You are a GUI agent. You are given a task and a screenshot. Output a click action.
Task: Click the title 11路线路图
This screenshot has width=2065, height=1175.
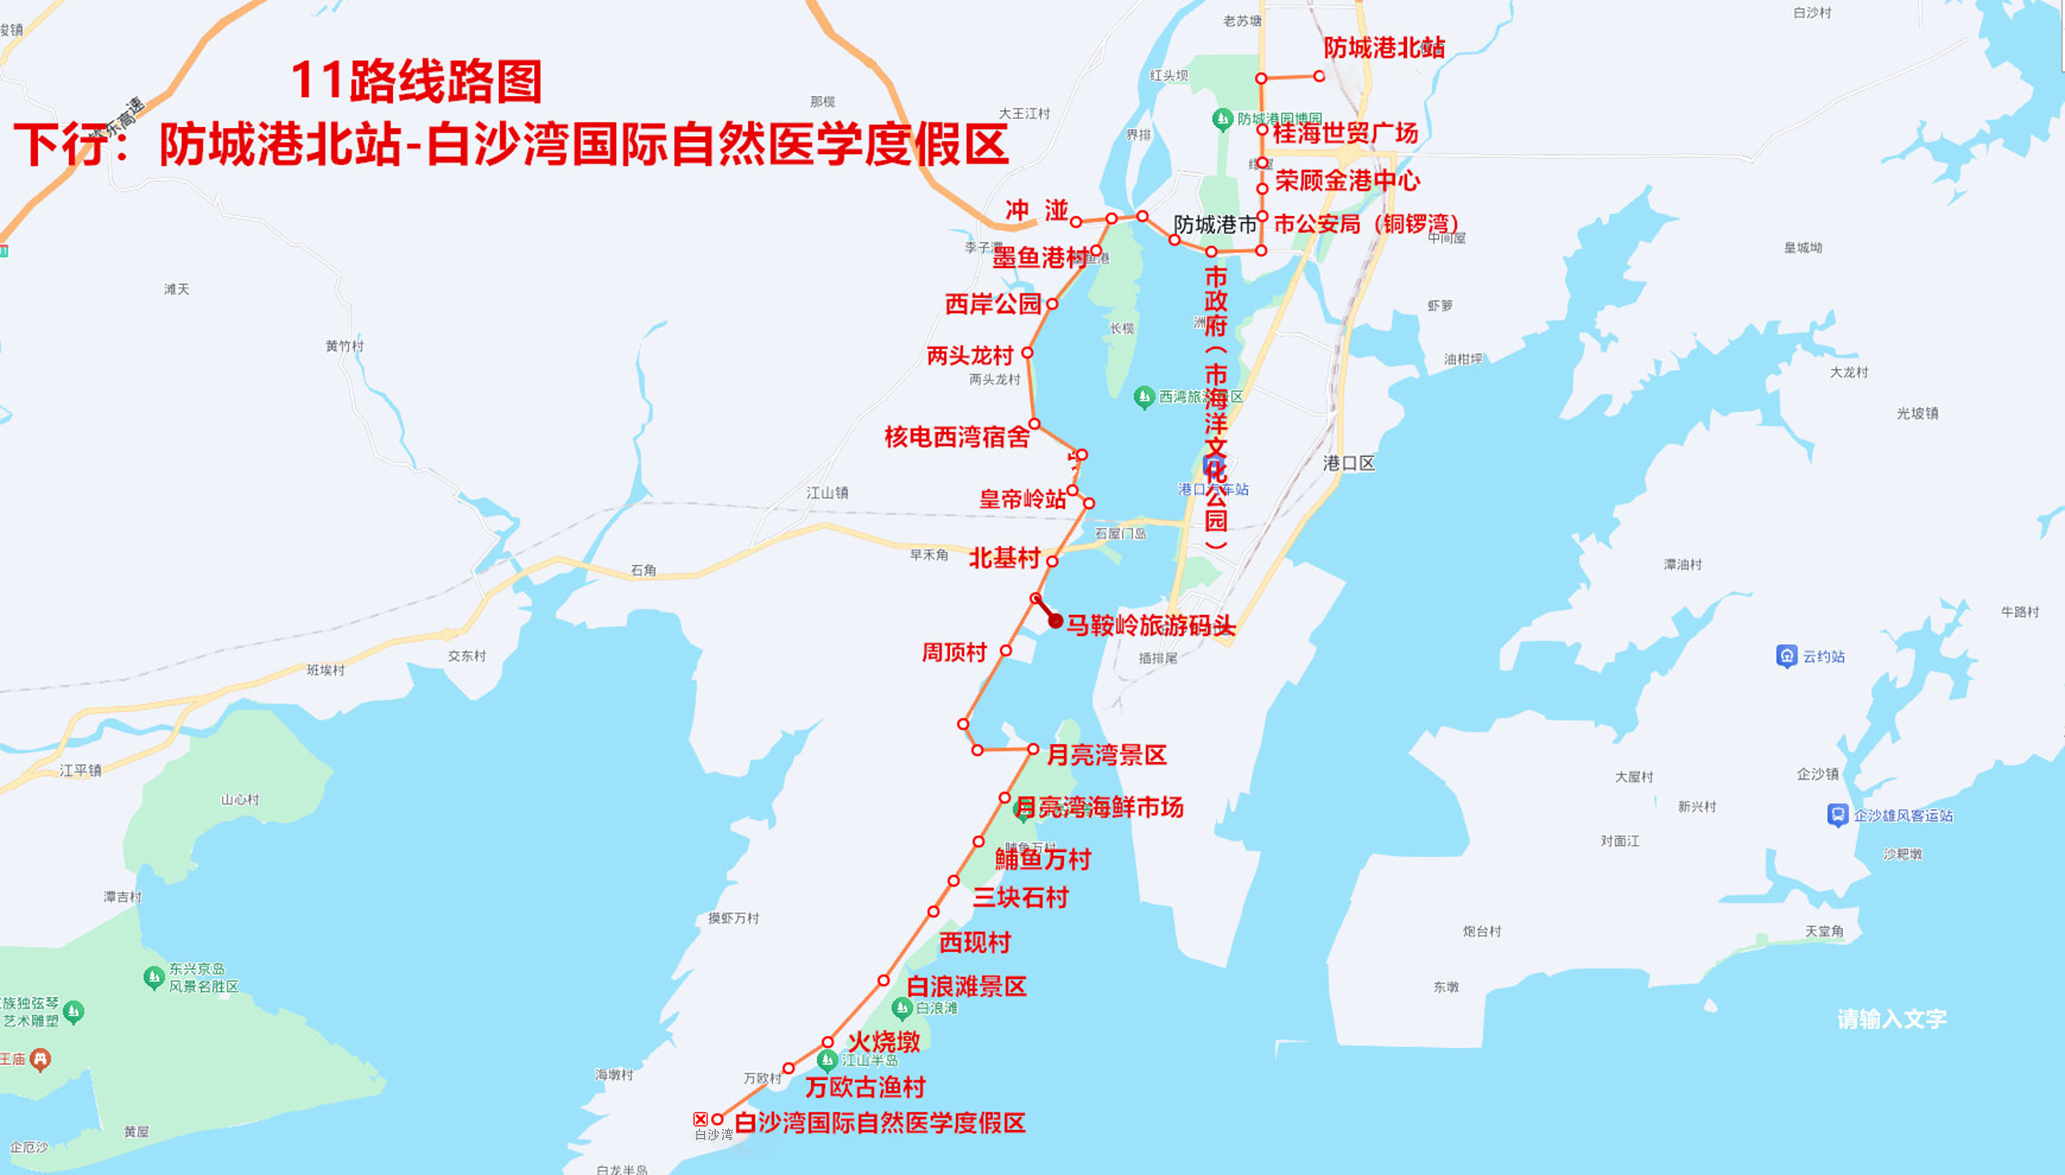point(416,81)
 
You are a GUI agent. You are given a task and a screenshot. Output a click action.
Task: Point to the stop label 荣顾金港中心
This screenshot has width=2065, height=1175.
point(1347,181)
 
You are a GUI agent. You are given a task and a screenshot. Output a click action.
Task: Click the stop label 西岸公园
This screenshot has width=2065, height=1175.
point(993,304)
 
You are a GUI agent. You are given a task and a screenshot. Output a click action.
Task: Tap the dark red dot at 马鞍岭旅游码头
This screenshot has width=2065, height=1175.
point(1055,621)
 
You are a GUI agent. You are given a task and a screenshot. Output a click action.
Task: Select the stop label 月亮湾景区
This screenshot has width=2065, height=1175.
point(1107,755)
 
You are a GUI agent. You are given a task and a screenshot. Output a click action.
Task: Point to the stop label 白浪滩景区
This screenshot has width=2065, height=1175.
point(966,986)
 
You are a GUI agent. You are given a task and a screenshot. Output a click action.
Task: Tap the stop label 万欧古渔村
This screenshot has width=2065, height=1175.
point(864,1087)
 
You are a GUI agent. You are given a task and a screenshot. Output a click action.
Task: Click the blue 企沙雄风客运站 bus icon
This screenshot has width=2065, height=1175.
point(1837,815)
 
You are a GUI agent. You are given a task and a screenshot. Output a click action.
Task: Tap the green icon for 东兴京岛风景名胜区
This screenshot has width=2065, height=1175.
point(154,977)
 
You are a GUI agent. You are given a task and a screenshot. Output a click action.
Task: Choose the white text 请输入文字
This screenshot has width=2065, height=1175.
point(1892,1019)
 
